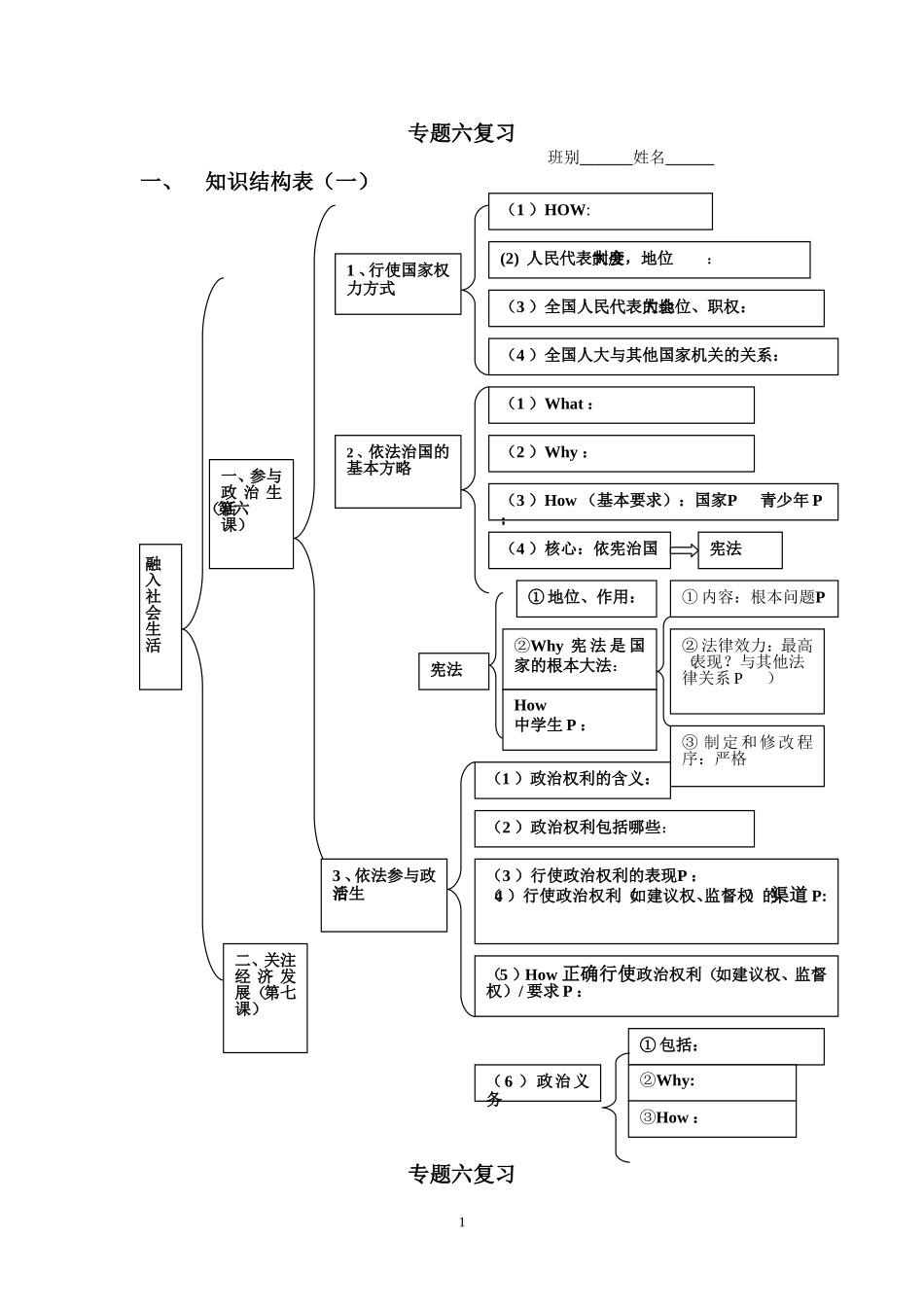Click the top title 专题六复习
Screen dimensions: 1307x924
coord(461,133)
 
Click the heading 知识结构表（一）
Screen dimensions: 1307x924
coord(287,182)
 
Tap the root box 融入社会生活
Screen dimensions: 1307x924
coord(160,617)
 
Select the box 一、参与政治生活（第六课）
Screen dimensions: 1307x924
coord(251,513)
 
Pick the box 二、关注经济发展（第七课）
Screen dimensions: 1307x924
coord(265,997)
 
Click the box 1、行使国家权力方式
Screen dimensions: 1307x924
coord(398,283)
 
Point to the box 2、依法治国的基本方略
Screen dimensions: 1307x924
coord(398,472)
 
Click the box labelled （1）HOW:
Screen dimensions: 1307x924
coord(600,211)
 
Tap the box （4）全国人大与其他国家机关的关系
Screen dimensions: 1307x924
coord(662,356)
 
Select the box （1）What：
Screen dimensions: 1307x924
coord(621,406)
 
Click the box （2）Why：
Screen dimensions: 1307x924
coord(621,453)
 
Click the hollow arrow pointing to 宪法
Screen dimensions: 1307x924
coord(684,550)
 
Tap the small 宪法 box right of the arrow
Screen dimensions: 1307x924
coord(739,549)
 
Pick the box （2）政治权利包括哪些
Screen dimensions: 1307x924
coord(614,829)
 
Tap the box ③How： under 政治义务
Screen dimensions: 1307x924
coord(712,1118)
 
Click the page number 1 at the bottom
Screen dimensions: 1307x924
coord(462,1222)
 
